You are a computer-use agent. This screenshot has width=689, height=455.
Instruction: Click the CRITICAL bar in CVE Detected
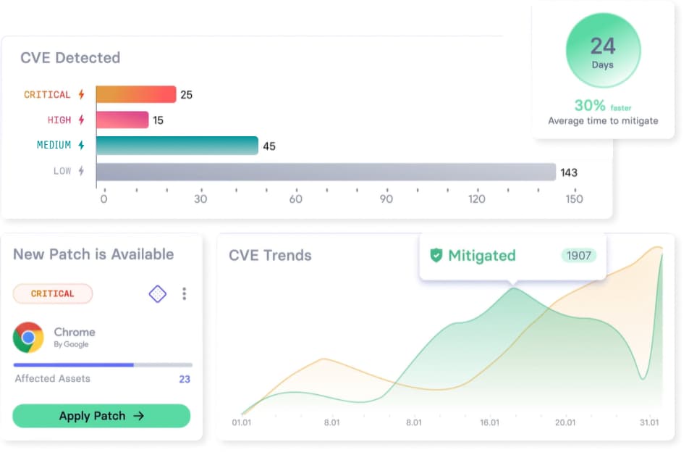tap(136, 94)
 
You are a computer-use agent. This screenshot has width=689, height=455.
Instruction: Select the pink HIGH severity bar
tap(122, 120)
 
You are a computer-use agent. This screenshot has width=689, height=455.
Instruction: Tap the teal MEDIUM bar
tap(177, 146)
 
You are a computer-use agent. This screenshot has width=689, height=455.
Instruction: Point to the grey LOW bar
tap(326, 172)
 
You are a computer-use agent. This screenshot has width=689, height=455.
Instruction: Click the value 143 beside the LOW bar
tap(569, 172)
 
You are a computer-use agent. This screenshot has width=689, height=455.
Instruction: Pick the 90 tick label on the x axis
tap(386, 199)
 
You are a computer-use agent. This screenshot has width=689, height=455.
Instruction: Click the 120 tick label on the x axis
tap(477, 199)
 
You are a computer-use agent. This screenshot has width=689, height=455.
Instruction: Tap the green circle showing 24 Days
tap(603, 50)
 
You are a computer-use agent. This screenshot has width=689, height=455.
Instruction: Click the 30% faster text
tap(602, 106)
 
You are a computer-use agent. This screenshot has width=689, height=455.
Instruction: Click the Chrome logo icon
tap(28, 338)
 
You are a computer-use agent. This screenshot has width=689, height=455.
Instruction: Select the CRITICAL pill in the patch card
tap(53, 293)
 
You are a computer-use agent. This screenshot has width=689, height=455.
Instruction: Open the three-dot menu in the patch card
tap(184, 293)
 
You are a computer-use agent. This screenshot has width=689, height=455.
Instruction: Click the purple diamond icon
tap(158, 293)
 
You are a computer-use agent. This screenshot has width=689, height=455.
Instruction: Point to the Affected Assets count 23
tap(185, 379)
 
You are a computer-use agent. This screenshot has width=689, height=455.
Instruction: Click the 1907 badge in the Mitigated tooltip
tap(579, 255)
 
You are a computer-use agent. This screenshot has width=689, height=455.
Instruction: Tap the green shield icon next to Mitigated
tap(436, 255)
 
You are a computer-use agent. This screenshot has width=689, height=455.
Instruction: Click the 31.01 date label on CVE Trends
tap(649, 422)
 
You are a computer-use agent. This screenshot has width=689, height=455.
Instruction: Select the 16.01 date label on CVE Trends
tap(489, 422)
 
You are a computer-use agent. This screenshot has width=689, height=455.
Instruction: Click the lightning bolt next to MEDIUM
tap(81, 145)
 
